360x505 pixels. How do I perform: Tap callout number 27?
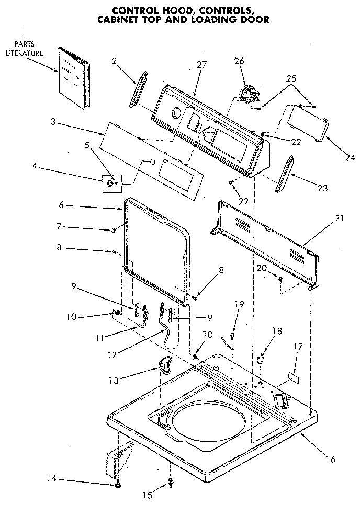(201, 65)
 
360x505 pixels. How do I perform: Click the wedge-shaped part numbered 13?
(165, 365)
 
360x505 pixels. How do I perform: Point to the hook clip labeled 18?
(261, 358)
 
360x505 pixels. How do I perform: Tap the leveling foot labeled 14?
(118, 486)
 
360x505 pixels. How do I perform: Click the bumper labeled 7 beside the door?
(113, 229)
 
